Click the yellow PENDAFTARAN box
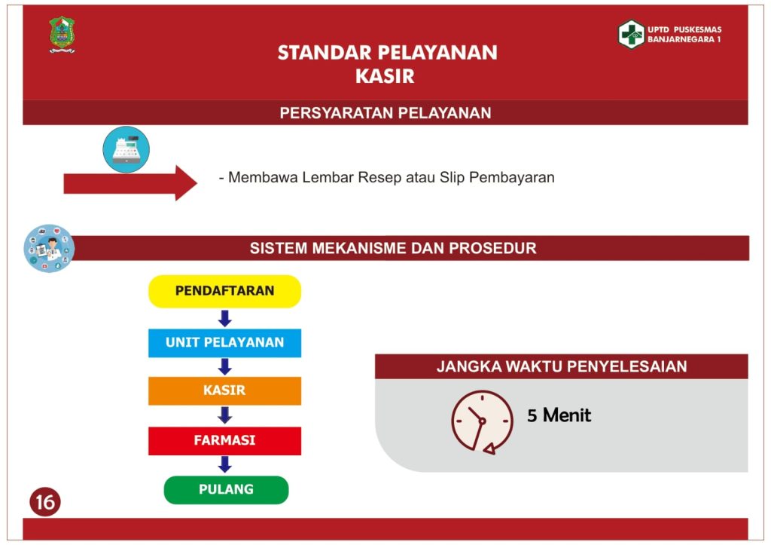tap(224, 291)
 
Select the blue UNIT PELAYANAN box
tap(224, 343)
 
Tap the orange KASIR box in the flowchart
tap(224, 390)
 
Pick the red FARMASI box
tap(224, 440)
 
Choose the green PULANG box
tap(226, 489)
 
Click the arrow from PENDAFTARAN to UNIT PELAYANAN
tap(224, 319)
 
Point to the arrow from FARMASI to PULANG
tap(224, 464)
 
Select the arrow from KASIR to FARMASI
tap(224, 415)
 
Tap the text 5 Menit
tap(559, 415)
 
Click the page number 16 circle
tap(44, 502)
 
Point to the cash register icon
tap(126, 149)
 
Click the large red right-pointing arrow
tap(130, 183)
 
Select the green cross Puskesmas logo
tap(632, 34)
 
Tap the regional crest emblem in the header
tap(62, 34)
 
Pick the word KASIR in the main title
tap(385, 76)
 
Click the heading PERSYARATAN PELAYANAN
tap(385, 113)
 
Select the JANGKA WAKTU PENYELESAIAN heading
tap(562, 366)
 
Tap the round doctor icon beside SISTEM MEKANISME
tap(49, 248)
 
